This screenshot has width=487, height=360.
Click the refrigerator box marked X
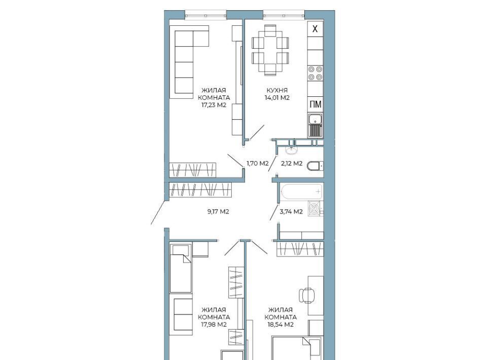[x=315, y=29]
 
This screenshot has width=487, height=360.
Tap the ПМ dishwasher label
[x=315, y=104]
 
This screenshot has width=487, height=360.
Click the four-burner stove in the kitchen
[x=315, y=73]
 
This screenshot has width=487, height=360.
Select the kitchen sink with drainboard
[x=315, y=125]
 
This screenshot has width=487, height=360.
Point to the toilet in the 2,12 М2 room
[x=315, y=166]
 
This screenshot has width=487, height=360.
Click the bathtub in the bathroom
[x=301, y=191]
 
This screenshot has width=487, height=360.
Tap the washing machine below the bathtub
[x=316, y=208]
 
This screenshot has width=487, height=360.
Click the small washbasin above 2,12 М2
[x=292, y=151]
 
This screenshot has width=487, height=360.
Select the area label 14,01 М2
[x=277, y=98]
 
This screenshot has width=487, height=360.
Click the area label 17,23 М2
[x=214, y=105]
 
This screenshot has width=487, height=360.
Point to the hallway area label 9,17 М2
[x=218, y=211]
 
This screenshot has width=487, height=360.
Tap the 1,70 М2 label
[x=258, y=163]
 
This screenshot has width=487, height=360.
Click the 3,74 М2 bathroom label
[x=291, y=211]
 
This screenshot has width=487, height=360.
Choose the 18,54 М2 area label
[x=281, y=325]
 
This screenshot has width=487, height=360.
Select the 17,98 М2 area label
[x=214, y=325]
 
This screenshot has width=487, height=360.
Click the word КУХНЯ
[x=277, y=90]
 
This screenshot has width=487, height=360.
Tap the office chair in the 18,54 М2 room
[x=306, y=295]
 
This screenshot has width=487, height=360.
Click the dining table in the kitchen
[x=270, y=50]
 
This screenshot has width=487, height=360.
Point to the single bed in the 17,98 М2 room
[x=181, y=268]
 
